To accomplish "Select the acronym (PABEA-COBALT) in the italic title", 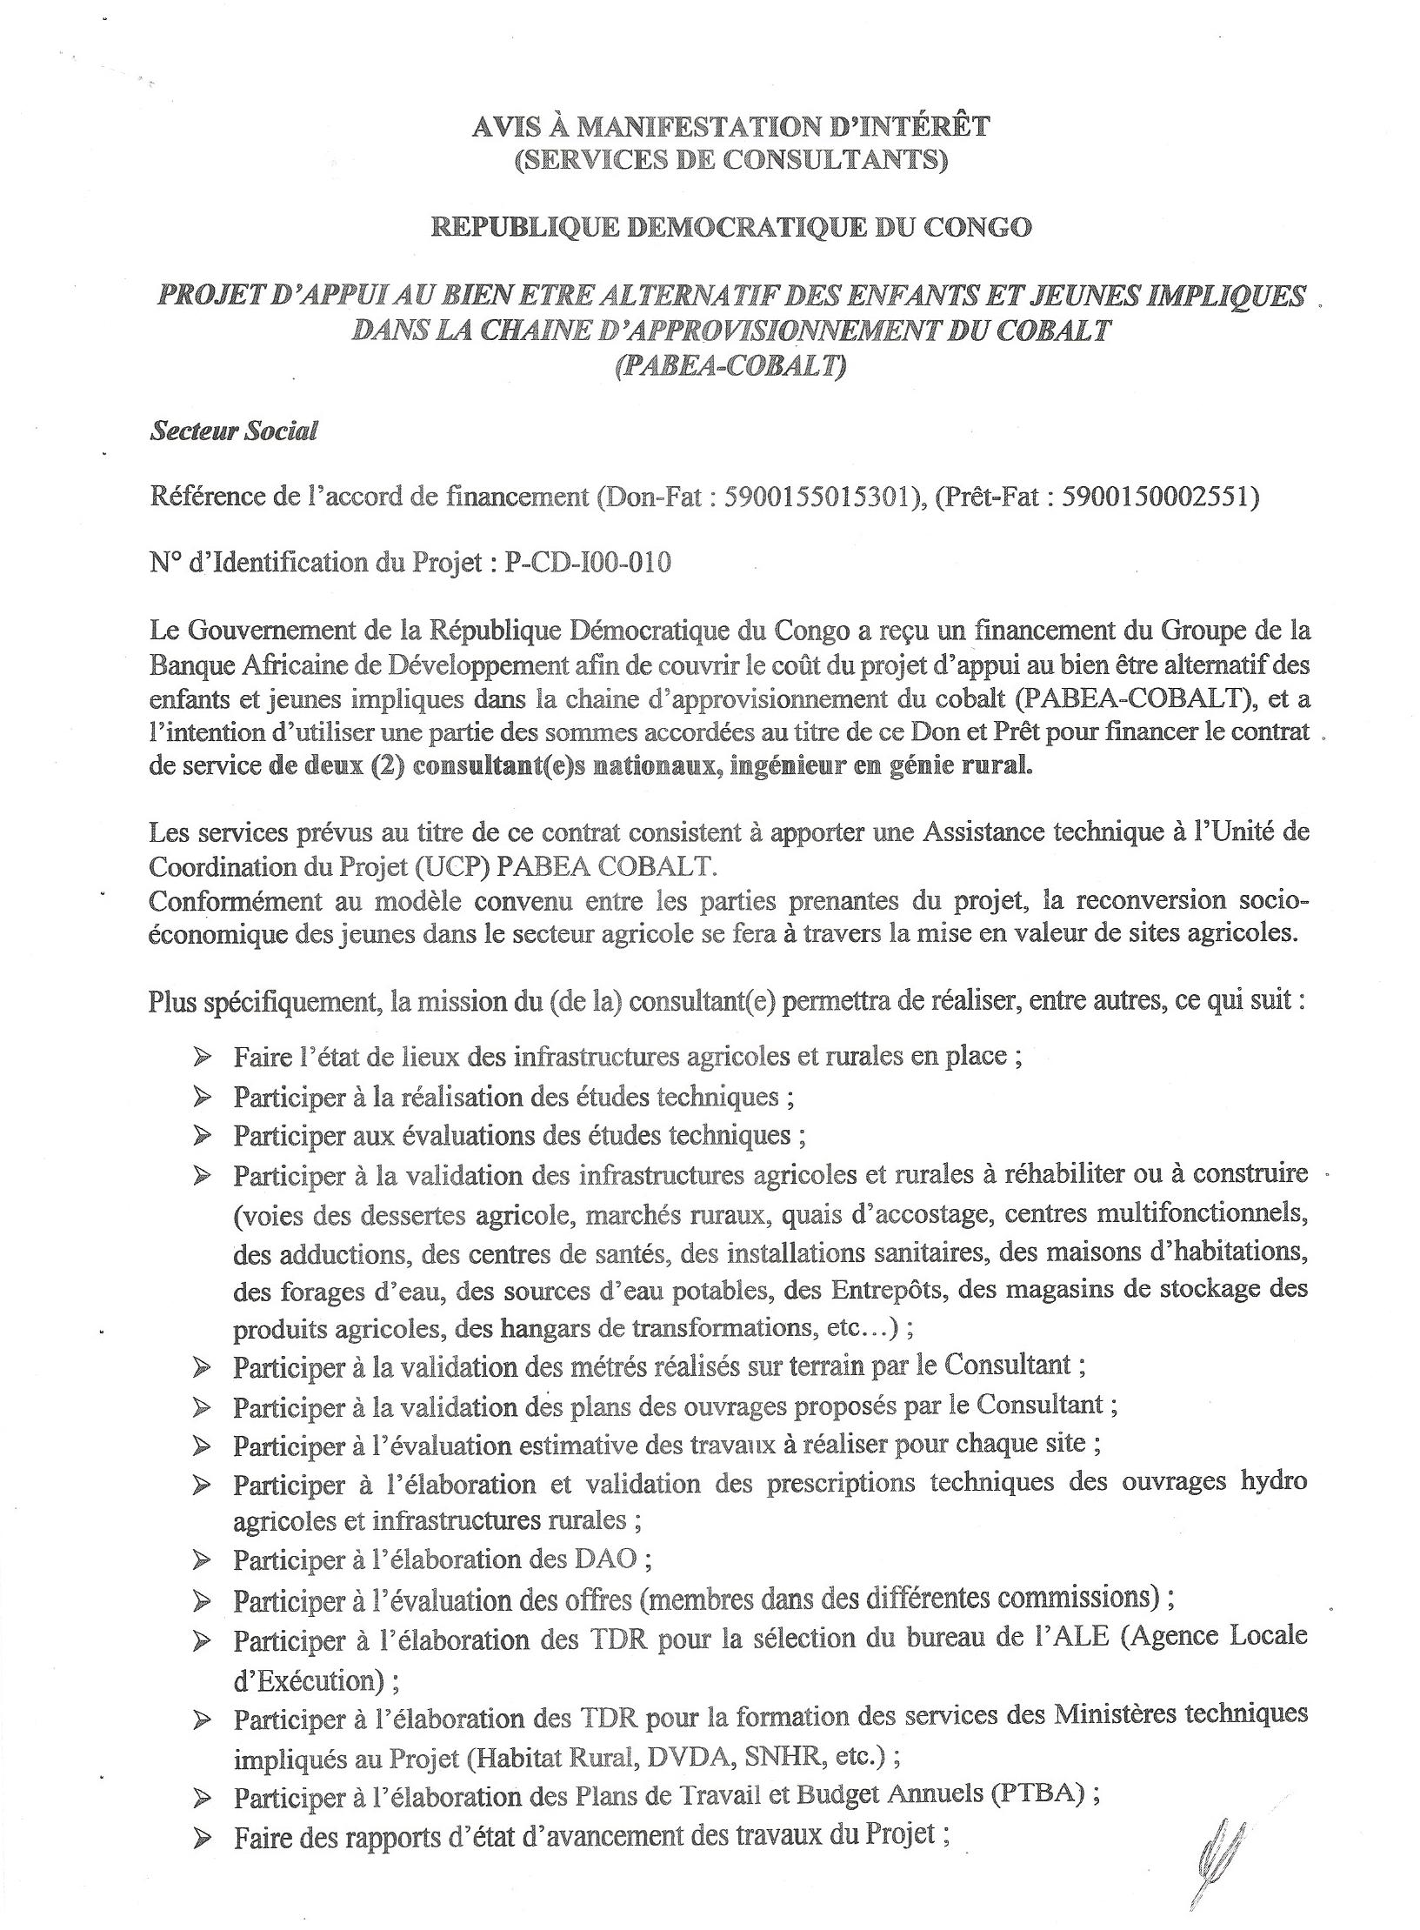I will pyautogui.click(x=730, y=365).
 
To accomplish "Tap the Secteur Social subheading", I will pyautogui.click(x=234, y=431).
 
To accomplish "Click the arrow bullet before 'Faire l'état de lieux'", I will pyautogui.click(x=203, y=1057).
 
